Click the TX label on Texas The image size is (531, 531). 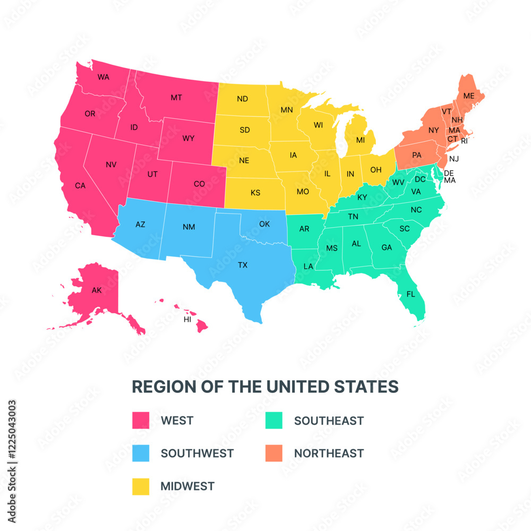(x=243, y=264)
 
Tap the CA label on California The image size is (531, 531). (x=80, y=185)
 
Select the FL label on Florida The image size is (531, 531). (x=410, y=294)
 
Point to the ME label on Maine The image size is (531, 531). (x=468, y=96)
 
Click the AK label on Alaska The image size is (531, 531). (x=96, y=290)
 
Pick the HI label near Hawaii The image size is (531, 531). (x=187, y=320)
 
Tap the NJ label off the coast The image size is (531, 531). (x=454, y=159)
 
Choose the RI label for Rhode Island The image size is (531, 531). (x=464, y=141)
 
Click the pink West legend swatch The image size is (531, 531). (x=141, y=421)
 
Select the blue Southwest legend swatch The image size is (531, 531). (x=141, y=453)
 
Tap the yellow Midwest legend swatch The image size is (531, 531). (x=141, y=486)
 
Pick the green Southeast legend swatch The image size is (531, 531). (x=273, y=421)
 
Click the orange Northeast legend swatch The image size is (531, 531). (x=273, y=453)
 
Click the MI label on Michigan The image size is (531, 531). (x=361, y=140)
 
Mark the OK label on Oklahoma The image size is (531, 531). (x=264, y=224)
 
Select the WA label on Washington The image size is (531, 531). (x=104, y=77)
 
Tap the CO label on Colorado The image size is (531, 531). (x=199, y=184)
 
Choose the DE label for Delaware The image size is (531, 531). (x=449, y=173)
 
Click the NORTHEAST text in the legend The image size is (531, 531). (x=329, y=453)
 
